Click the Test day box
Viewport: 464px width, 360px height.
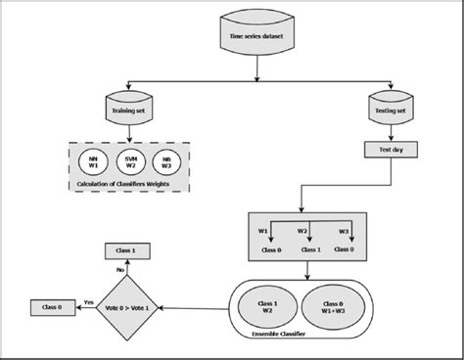click(386, 152)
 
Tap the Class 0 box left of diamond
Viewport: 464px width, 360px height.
click(54, 307)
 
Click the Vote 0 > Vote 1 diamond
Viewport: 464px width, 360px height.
click(130, 307)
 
